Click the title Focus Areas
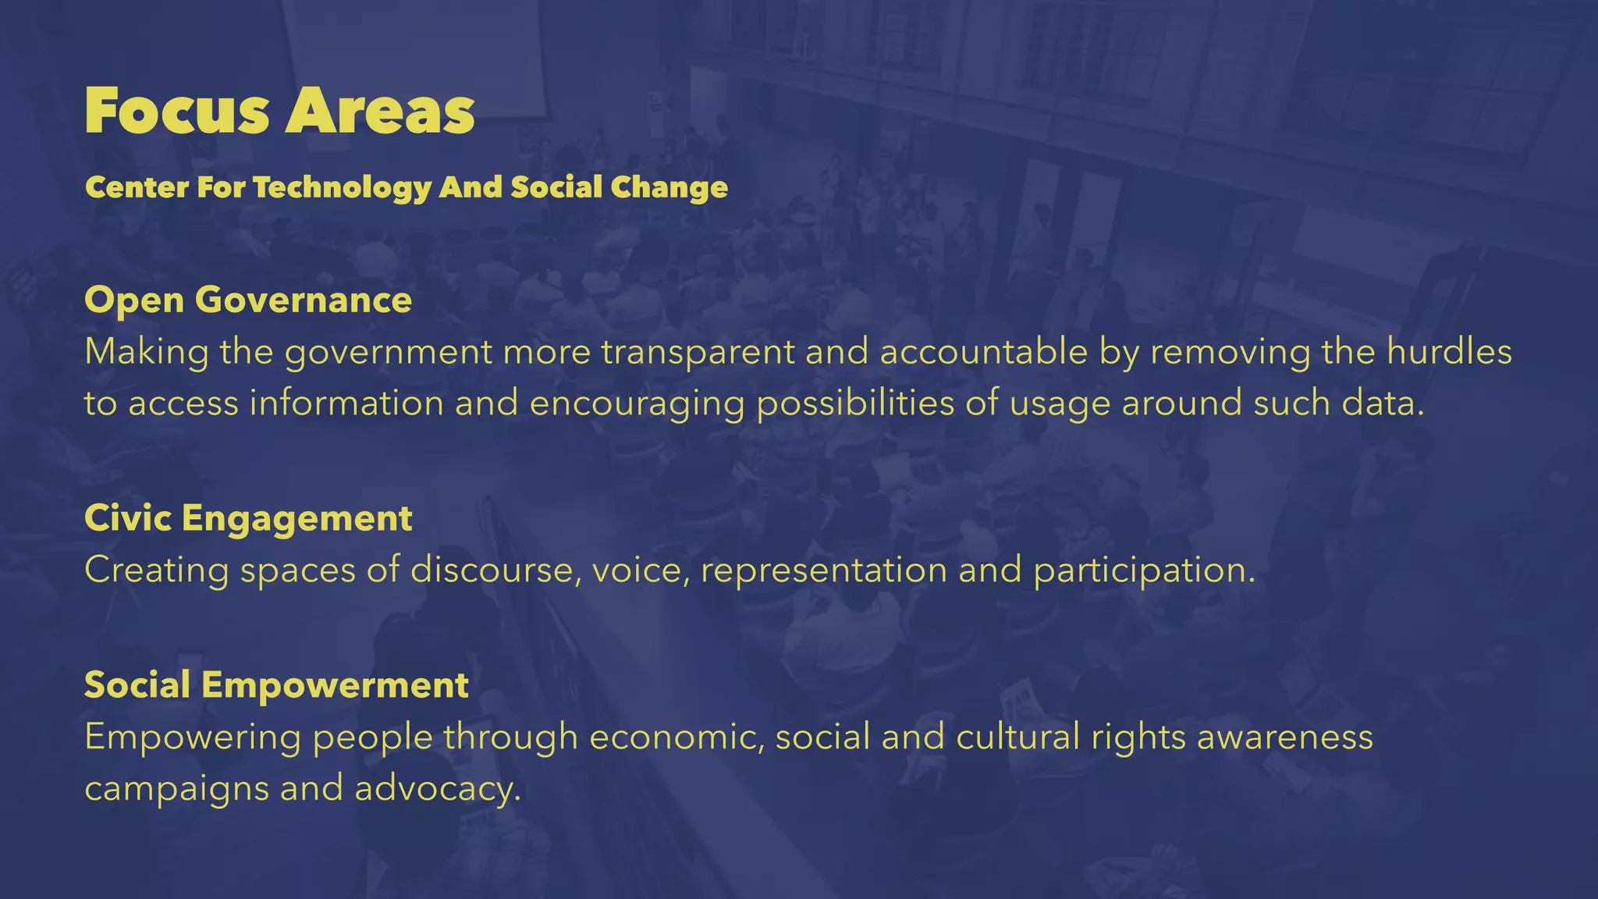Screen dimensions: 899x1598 click(x=279, y=111)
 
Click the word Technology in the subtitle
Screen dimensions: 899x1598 click(x=342, y=188)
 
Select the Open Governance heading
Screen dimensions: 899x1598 click(x=248, y=300)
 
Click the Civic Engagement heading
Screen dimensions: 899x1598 click(x=248, y=518)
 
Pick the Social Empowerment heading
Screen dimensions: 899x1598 click(x=276, y=685)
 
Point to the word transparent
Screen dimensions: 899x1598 click(x=698, y=352)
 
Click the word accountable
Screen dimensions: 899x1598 click(x=983, y=352)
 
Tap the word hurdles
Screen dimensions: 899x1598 click(x=1449, y=352)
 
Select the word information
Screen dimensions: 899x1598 click(x=346, y=403)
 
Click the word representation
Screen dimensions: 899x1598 click(x=823, y=570)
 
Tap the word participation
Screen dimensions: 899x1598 click(x=1143, y=570)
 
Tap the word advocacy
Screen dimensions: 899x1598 click(x=437, y=789)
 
